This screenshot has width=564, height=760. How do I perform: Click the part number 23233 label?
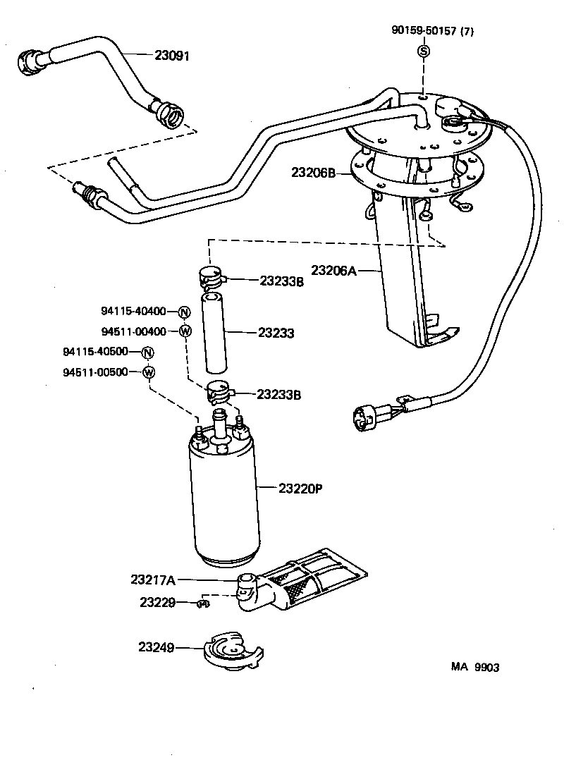tap(277, 332)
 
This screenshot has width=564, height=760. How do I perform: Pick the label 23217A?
tap(152, 580)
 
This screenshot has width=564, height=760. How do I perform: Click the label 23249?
tap(156, 646)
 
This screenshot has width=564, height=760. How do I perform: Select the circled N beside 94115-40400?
tap(183, 313)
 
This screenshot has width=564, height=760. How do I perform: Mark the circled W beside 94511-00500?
tap(148, 372)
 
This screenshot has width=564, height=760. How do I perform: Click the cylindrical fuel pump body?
tap(225, 501)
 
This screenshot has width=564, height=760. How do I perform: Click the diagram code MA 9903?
tap(475, 668)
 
